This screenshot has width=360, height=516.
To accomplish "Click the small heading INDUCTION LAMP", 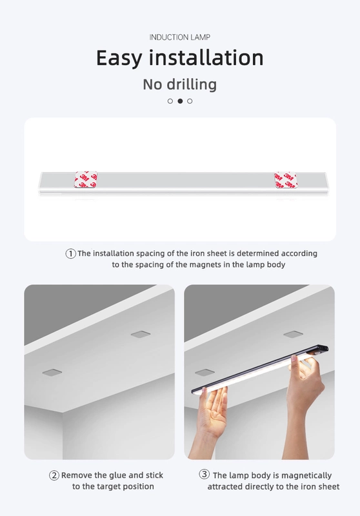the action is coord(179,37).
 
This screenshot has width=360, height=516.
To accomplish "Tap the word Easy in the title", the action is coord(119,58).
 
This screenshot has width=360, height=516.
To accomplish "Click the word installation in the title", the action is coord(206,57).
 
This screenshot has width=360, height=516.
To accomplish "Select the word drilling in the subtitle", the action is coord(192,84).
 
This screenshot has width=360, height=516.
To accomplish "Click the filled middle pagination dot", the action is coord(180,101).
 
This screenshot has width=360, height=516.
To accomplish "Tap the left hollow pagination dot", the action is coord(170,101).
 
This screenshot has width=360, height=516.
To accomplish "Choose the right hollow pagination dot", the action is coord(190,101).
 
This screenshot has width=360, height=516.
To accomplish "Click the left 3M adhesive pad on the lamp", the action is coord(86,179).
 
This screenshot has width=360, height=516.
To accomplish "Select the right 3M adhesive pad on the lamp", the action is coord(285,180).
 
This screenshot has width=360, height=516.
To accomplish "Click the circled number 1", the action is coord(71,253).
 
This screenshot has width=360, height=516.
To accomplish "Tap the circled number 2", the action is coord(54,475).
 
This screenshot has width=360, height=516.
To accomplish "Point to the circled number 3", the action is coord(205,474).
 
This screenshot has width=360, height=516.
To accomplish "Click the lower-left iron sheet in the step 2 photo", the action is coord(52,372).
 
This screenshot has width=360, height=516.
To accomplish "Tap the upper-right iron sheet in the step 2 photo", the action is coord(141,334).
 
